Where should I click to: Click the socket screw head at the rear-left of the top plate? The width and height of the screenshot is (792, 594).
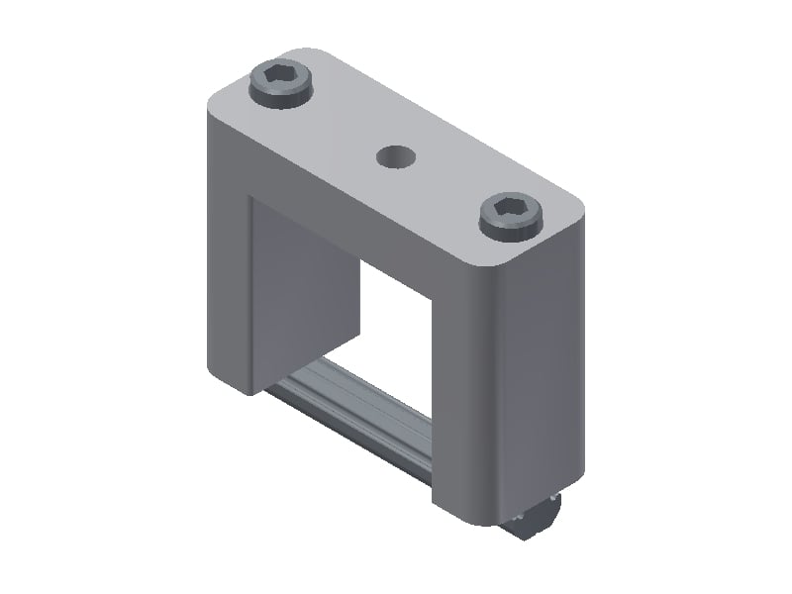point(281,84)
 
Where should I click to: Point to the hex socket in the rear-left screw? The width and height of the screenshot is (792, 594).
point(282,76)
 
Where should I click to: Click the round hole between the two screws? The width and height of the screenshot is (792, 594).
point(395,155)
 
